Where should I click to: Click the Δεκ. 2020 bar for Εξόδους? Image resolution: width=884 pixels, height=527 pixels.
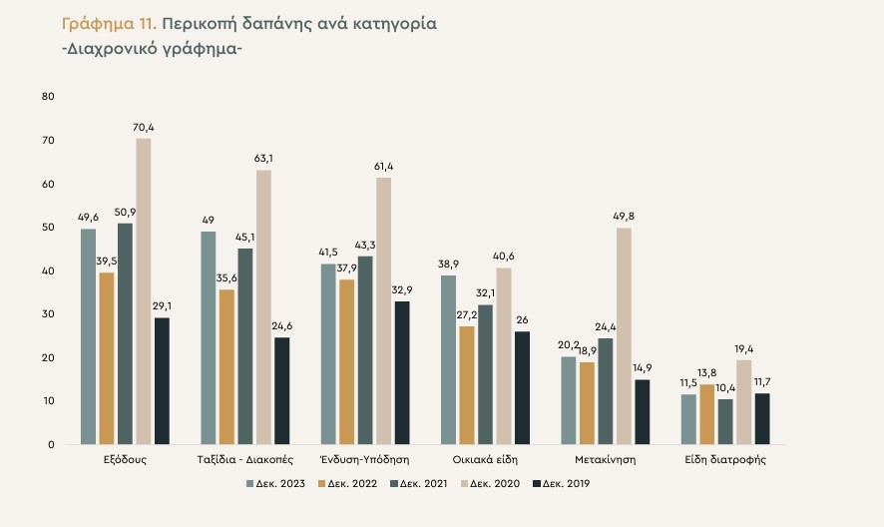(144, 290)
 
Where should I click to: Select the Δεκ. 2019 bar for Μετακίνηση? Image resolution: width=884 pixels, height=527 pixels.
(643, 411)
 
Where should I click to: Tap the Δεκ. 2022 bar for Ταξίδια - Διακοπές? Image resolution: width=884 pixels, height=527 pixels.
(226, 366)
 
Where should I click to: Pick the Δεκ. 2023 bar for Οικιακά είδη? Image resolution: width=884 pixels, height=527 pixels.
(448, 359)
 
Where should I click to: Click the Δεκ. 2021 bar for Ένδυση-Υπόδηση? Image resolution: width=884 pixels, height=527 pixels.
(365, 349)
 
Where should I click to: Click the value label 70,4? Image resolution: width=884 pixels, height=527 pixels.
(145, 127)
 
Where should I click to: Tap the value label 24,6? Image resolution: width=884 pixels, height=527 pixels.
(281, 325)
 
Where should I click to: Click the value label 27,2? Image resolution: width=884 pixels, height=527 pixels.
(467, 314)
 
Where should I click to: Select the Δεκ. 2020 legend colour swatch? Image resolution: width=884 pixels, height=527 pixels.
(462, 484)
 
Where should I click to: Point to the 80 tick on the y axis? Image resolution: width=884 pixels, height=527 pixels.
(48, 97)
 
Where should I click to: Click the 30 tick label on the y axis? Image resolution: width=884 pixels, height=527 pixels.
(48, 314)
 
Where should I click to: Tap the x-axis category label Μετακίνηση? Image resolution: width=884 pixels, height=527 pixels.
(606, 461)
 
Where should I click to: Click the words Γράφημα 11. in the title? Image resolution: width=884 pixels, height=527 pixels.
(103, 22)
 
